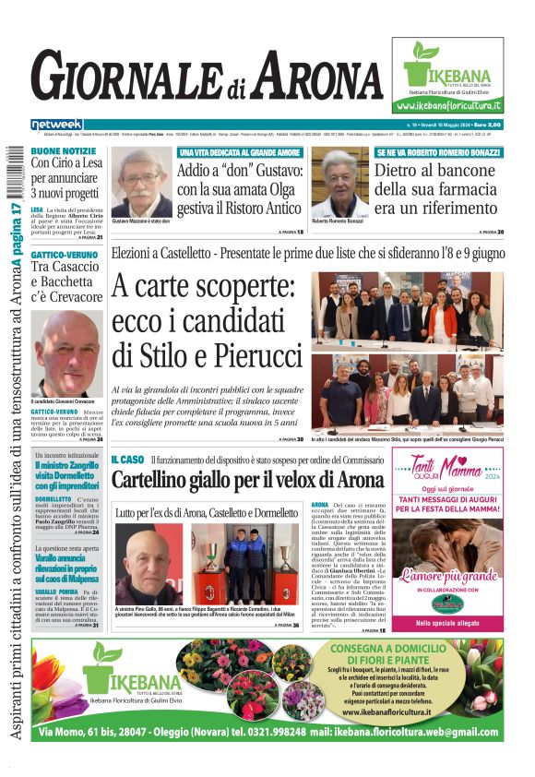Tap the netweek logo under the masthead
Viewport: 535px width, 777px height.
point(57,125)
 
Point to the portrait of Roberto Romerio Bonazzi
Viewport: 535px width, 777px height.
point(339,182)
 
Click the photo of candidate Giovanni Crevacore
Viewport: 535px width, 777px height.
point(66,353)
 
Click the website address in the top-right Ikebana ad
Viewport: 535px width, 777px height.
point(448,107)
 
